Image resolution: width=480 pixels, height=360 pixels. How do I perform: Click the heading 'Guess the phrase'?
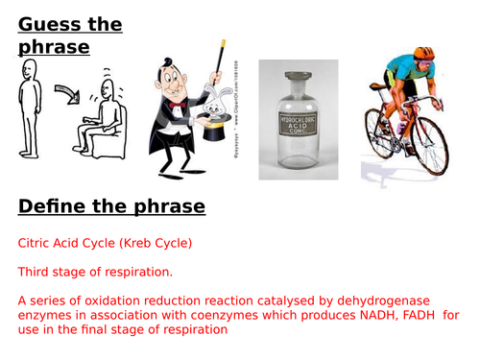pos(69,36)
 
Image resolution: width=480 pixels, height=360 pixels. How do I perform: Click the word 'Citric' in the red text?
pos(36,244)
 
